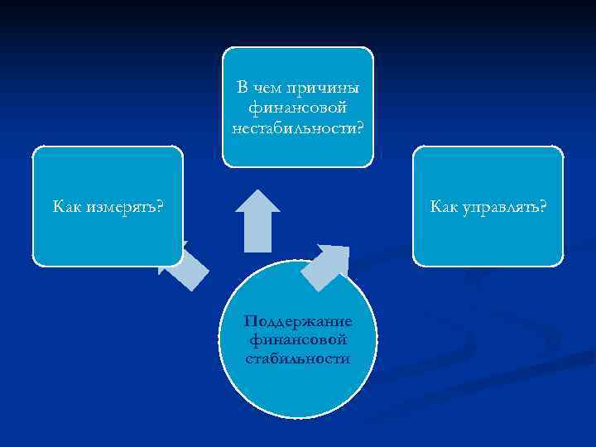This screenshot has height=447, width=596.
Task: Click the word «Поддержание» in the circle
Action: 298,321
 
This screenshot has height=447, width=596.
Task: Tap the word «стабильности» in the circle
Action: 298,358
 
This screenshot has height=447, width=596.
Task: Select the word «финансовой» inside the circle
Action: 298,340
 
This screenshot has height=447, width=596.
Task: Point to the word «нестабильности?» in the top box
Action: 298,126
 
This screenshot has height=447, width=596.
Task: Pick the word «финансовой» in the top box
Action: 298,107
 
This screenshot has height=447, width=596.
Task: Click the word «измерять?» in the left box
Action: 123,206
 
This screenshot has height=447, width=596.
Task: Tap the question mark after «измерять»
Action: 158,206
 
